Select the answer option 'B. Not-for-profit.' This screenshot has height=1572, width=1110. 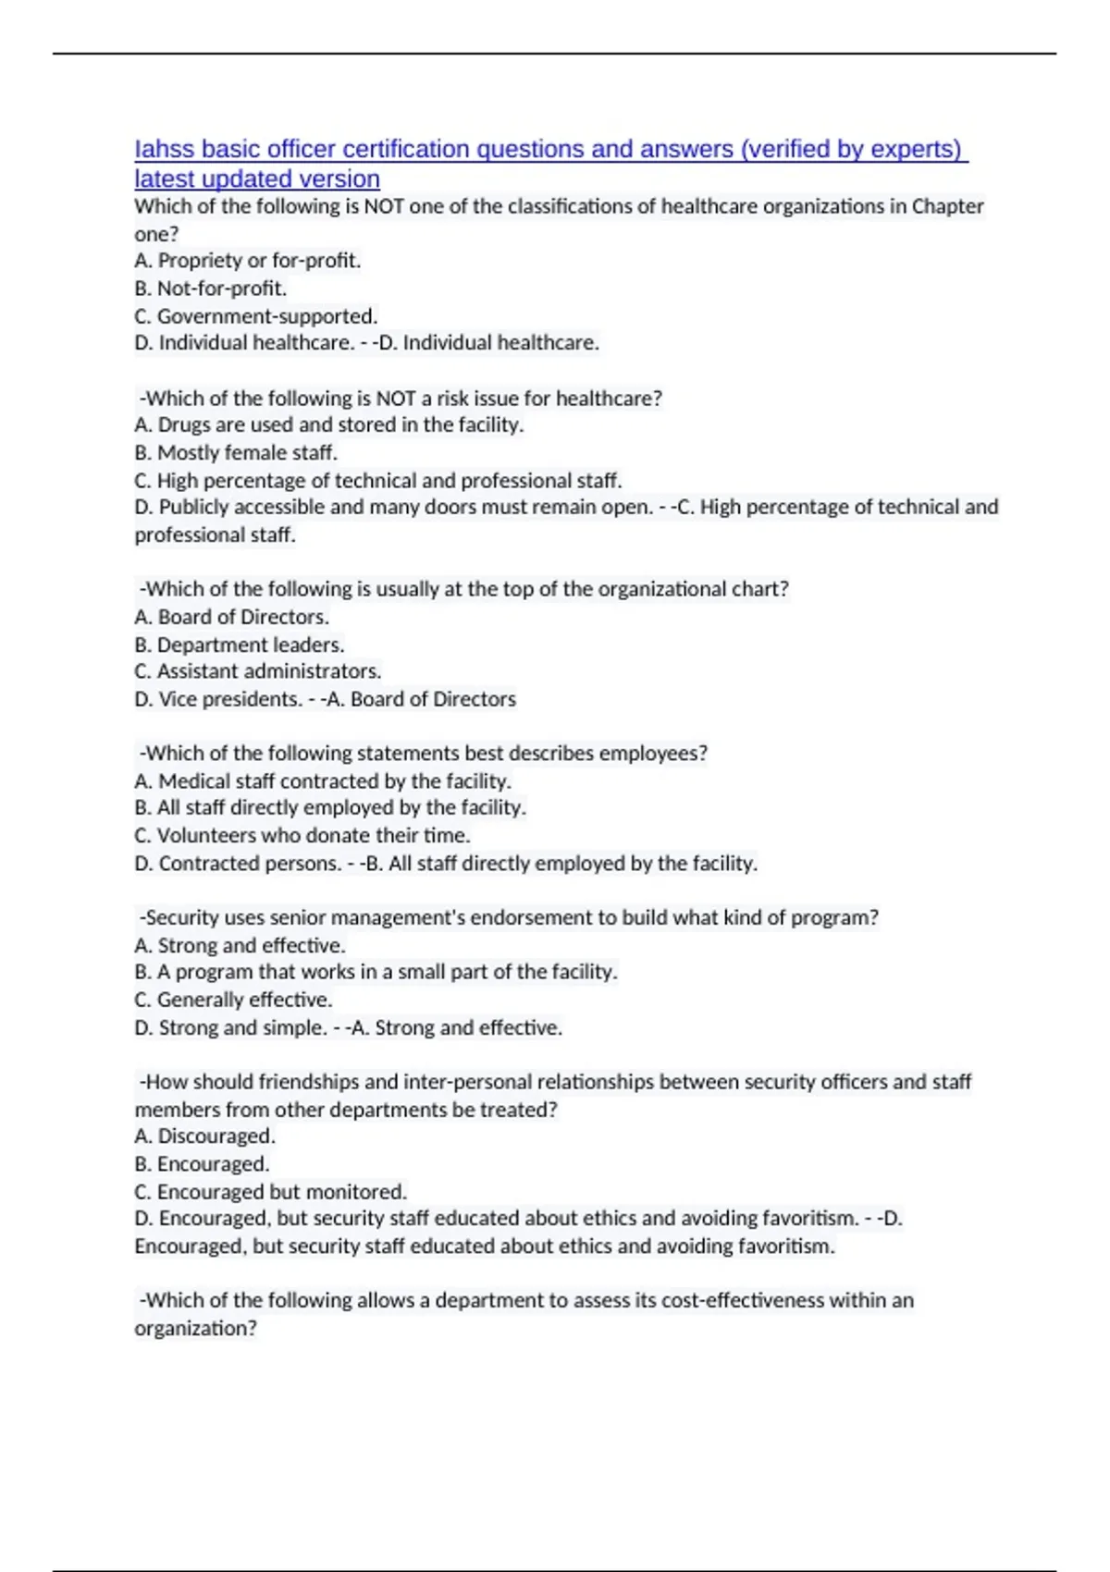[x=210, y=289]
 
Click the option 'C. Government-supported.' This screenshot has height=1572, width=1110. [x=255, y=316]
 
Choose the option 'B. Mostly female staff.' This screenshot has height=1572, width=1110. [x=236, y=453]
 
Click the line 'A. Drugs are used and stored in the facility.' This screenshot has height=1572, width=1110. [x=328, y=425]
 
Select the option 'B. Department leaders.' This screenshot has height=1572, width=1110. [x=239, y=645]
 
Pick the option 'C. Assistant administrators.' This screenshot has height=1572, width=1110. [x=257, y=671]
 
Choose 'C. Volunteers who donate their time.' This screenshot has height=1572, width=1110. [x=302, y=836]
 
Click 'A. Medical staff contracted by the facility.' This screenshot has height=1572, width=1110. [x=322, y=781]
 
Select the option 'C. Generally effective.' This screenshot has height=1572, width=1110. [x=233, y=1001]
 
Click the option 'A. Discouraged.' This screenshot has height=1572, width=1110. [x=204, y=1136]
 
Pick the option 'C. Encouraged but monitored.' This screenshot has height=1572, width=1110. [x=270, y=1192]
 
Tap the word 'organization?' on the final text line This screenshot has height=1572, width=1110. [x=195, y=1329]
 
